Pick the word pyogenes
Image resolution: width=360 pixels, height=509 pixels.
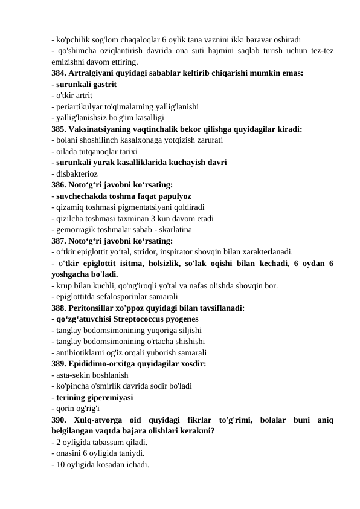coord(188,319)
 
